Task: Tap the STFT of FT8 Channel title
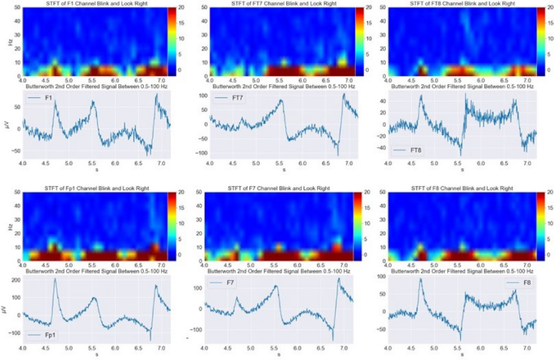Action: [x=463, y=5]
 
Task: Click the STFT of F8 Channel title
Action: [x=463, y=188]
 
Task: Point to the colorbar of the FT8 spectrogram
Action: [x=542, y=40]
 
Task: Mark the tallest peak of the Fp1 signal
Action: [x=56, y=280]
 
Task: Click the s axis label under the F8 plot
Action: [x=463, y=354]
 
